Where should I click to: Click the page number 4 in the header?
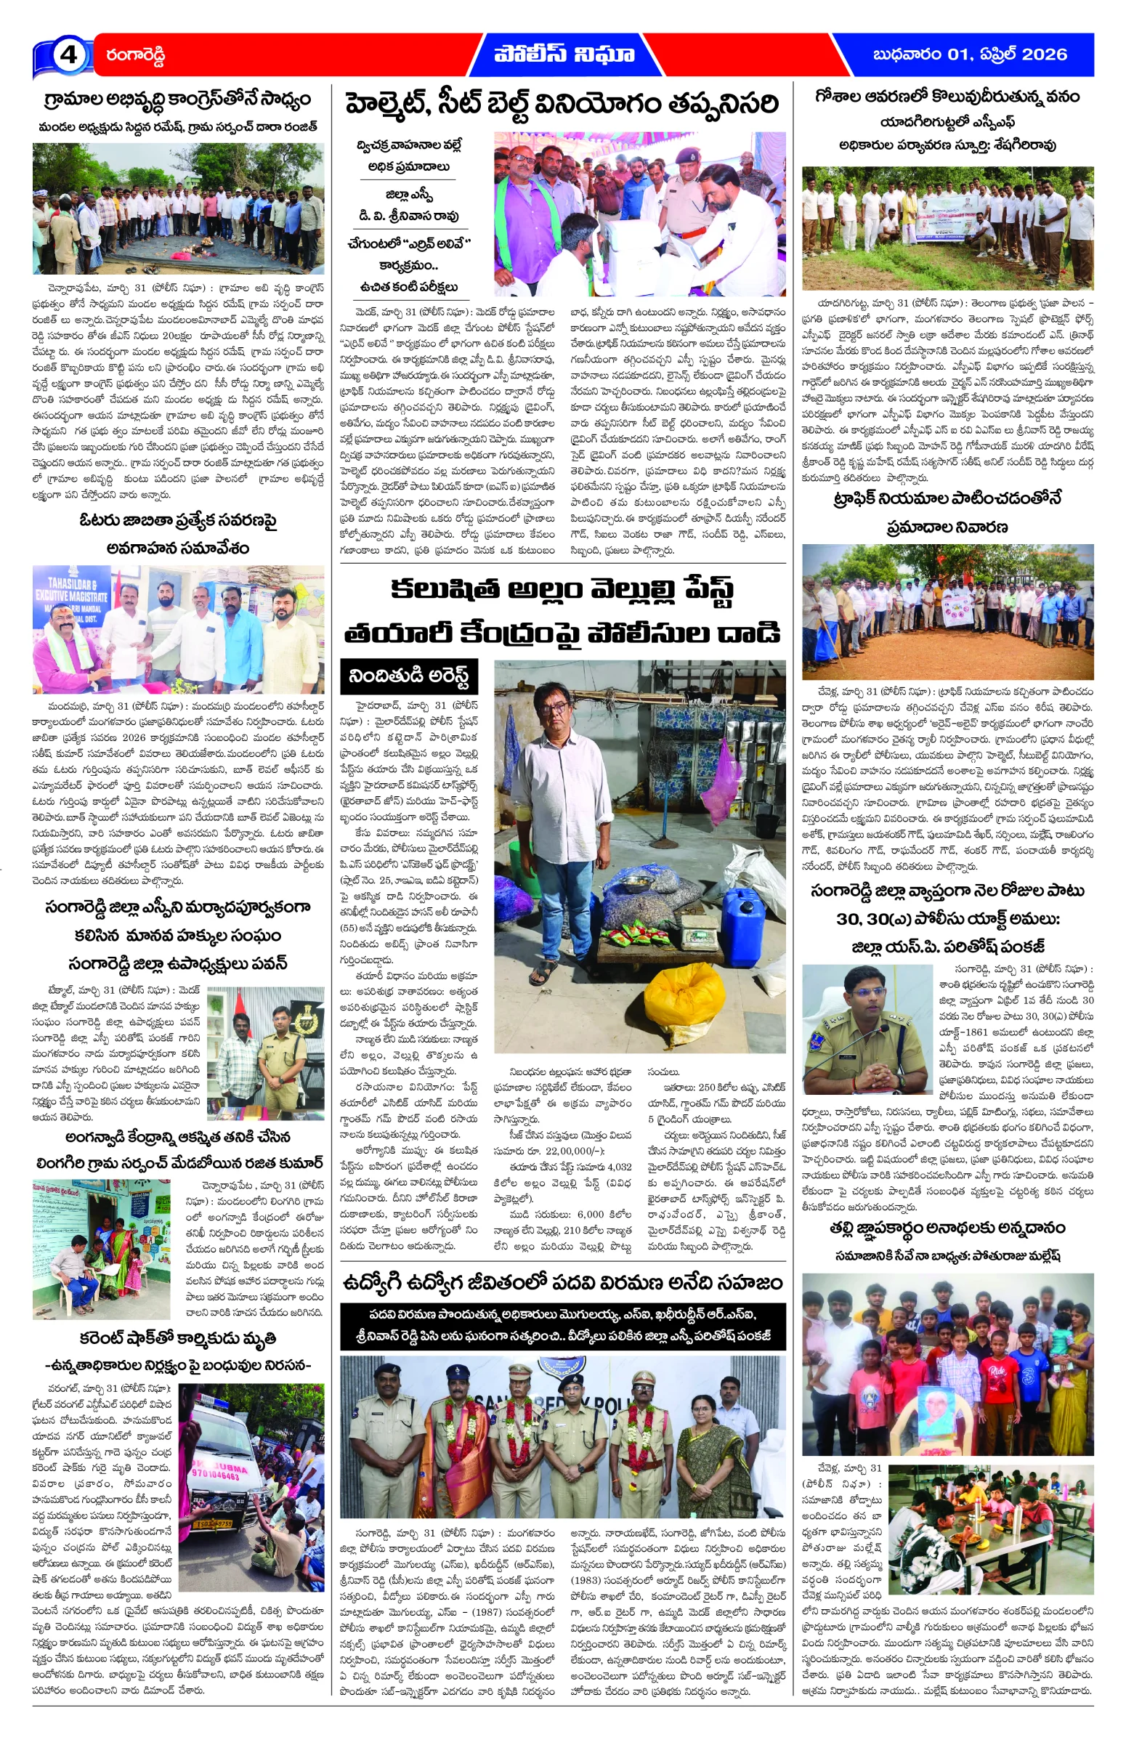tap(67, 54)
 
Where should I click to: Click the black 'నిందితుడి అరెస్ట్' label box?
tap(409, 676)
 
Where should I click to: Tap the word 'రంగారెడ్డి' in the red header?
tap(136, 55)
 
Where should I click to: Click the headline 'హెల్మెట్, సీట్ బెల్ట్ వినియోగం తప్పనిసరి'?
tap(562, 104)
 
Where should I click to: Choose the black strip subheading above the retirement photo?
tap(562, 1326)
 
